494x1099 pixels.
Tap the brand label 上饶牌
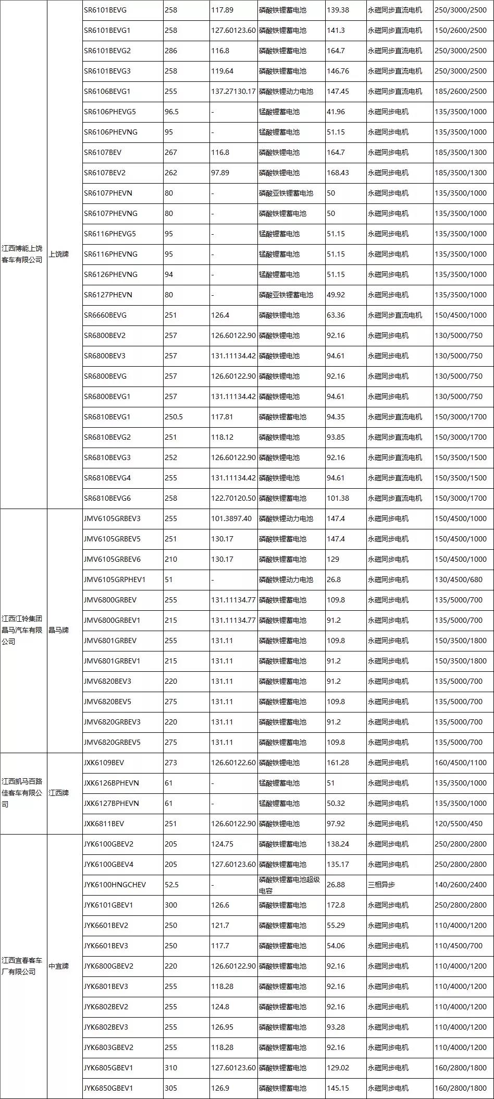tap(59, 254)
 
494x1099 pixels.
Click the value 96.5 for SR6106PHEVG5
tap(172, 112)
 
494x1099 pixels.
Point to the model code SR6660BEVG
tap(105, 315)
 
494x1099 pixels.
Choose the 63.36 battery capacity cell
tap(336, 315)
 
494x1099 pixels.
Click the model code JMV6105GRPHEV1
tap(115, 579)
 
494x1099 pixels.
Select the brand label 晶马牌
tap(59, 630)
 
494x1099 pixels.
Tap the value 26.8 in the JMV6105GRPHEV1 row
tap(334, 579)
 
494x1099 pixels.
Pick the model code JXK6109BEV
tap(104, 763)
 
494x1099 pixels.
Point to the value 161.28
tap(338, 763)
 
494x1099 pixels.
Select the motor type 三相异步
tap(381, 885)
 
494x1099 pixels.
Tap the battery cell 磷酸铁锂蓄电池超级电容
tap(286, 885)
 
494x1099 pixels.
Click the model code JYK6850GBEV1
tap(108, 1088)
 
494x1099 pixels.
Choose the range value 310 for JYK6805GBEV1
tap(171, 1068)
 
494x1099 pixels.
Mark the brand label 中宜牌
tap(59, 966)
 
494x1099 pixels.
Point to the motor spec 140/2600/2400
tap(461, 885)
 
